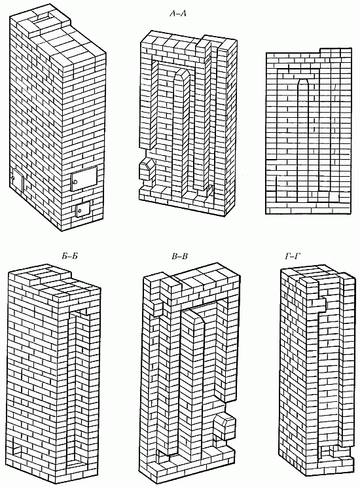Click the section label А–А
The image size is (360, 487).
click(178, 13)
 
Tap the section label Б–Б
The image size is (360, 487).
click(67, 257)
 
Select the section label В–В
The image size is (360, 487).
click(180, 257)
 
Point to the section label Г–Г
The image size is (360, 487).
click(294, 256)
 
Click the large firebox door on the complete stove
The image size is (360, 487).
click(84, 178)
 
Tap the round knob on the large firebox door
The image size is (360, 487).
click(75, 182)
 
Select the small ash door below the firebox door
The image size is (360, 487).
click(82, 209)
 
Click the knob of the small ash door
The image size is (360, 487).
click(79, 211)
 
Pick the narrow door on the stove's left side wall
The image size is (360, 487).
click(17, 181)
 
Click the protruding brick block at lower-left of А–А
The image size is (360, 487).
click(146, 170)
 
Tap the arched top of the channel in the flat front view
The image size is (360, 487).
click(303, 81)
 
